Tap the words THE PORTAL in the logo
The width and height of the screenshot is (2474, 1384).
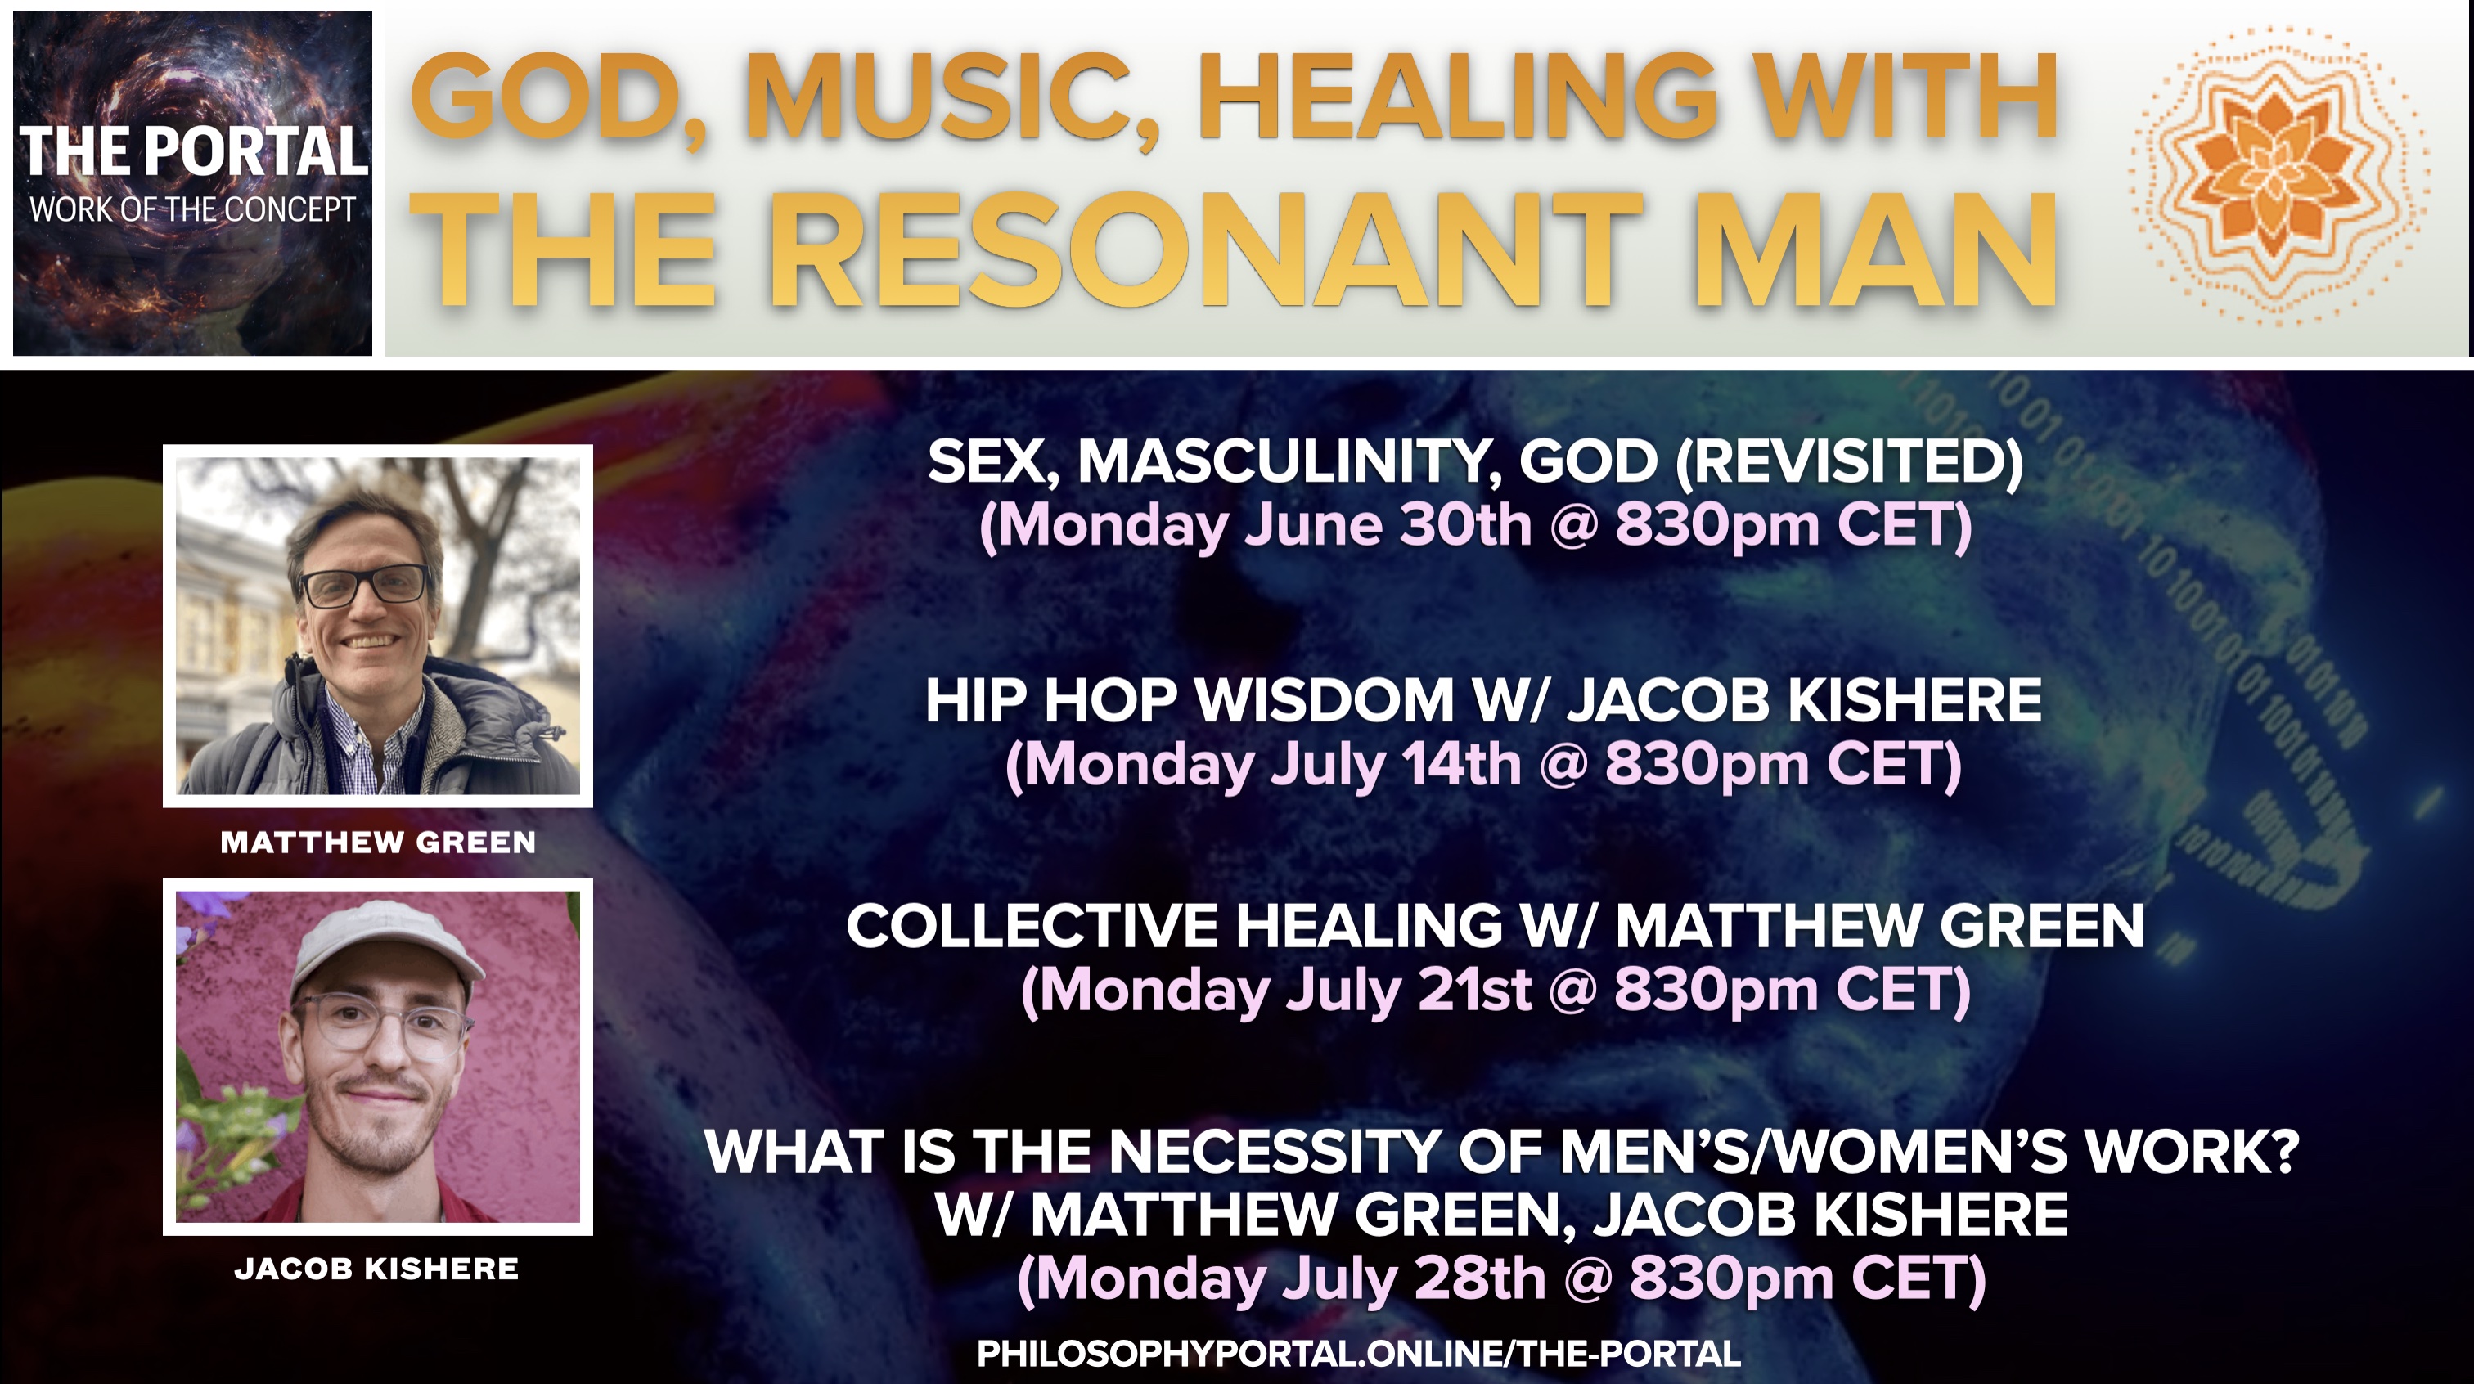click(x=193, y=152)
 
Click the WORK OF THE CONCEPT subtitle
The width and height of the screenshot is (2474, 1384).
click(x=193, y=209)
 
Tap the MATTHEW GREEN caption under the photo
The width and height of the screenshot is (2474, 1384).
click(x=377, y=843)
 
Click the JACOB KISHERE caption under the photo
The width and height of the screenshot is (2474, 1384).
click(x=376, y=1269)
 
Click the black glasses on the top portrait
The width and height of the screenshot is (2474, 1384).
click(x=365, y=585)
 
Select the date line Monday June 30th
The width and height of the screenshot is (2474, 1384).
click(x=1475, y=525)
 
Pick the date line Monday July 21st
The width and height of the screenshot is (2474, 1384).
click(x=1496, y=991)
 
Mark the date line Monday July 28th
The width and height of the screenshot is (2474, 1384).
click(x=1501, y=1279)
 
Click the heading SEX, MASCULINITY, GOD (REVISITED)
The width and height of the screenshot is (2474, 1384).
click(x=1475, y=462)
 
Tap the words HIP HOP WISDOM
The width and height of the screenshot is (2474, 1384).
click(x=1189, y=700)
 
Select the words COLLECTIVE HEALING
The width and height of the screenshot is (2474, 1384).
click(x=1174, y=926)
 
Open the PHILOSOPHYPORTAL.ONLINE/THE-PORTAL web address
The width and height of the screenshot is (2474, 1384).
click(x=1359, y=1355)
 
